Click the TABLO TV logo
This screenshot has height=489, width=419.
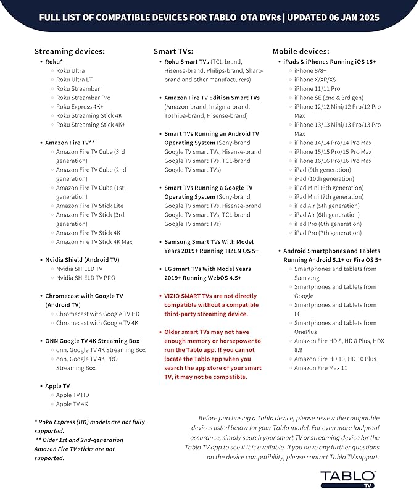point(347,477)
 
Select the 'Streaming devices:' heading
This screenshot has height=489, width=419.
point(69,51)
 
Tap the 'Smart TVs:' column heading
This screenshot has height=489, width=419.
point(173,51)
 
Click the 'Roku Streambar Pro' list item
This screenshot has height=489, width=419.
point(83,98)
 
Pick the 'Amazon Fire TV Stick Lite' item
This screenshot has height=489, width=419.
point(89,206)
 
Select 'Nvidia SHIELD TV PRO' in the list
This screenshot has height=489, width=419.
point(85,278)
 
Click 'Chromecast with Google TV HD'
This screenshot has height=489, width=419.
point(97,314)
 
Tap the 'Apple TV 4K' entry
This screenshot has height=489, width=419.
point(72,404)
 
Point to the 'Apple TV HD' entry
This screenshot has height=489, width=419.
point(72,395)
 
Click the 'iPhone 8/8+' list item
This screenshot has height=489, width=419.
point(311,71)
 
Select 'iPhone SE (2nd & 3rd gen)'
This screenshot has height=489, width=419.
point(329,98)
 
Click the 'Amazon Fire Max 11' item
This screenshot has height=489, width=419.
point(321,368)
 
